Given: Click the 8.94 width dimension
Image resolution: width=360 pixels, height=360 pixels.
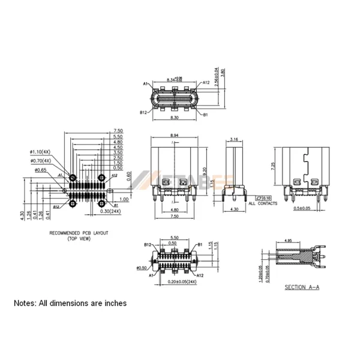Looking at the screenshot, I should pos(174,136).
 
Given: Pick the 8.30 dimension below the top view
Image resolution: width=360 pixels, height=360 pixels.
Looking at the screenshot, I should pos(174,119).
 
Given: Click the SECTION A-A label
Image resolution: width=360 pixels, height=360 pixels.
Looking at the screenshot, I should pos(302,287).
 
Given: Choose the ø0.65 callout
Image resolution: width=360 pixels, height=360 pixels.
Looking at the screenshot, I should pos(40,170).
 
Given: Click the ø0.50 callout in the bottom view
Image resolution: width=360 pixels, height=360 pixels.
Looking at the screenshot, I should pos(142,268).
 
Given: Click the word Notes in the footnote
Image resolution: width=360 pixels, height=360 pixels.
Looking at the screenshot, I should pos(25,304).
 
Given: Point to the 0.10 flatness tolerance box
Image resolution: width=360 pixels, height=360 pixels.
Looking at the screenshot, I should pos(266,197).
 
